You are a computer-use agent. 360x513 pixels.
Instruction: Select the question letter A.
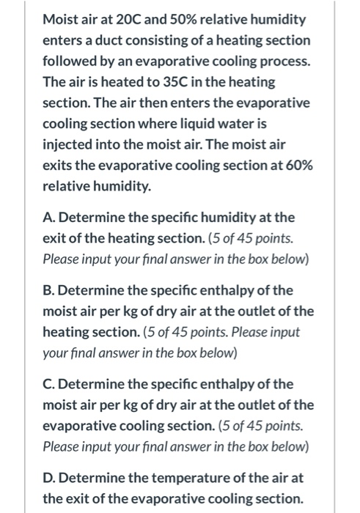(x=48, y=217)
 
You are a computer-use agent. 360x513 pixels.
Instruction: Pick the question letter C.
(x=48, y=383)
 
